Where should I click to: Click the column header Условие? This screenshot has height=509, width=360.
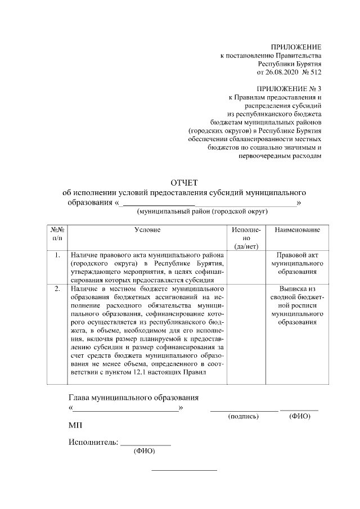[x=147, y=230]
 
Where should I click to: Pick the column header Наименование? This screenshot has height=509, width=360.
[x=298, y=230]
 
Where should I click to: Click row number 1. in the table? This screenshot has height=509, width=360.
[x=57, y=255]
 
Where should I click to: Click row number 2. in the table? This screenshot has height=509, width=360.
[x=57, y=289]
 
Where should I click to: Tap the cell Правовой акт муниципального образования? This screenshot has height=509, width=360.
[x=298, y=263]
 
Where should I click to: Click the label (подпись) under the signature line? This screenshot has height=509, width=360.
[x=243, y=417]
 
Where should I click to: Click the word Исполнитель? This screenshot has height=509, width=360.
[x=93, y=442]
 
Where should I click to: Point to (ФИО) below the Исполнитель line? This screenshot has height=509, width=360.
[x=144, y=451]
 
